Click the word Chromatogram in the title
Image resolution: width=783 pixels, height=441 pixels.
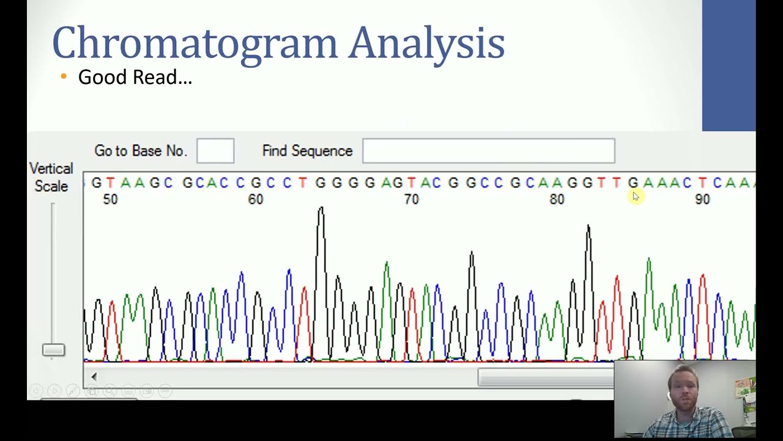tap(195, 43)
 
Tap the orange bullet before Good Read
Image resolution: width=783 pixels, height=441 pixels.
tap(64, 77)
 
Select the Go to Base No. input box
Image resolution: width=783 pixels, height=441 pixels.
tap(215, 151)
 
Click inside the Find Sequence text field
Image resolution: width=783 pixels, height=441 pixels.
tap(488, 151)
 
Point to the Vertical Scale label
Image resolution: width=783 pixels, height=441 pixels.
tap(51, 177)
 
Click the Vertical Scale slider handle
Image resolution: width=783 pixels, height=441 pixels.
tap(53, 350)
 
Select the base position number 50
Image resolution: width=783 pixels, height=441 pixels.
tap(110, 200)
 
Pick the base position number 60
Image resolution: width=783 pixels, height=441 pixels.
tap(256, 200)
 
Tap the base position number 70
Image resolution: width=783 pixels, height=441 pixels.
tap(411, 200)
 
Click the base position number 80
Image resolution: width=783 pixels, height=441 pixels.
tap(557, 200)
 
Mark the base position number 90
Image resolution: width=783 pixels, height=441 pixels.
tap(702, 200)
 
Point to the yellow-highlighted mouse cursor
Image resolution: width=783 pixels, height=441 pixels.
tap(635, 195)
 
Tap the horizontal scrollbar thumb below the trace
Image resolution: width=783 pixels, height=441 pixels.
tap(544, 379)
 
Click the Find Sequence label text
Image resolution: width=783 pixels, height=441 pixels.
tap(307, 151)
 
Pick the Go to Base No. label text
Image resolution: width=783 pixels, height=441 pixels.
tap(140, 151)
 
